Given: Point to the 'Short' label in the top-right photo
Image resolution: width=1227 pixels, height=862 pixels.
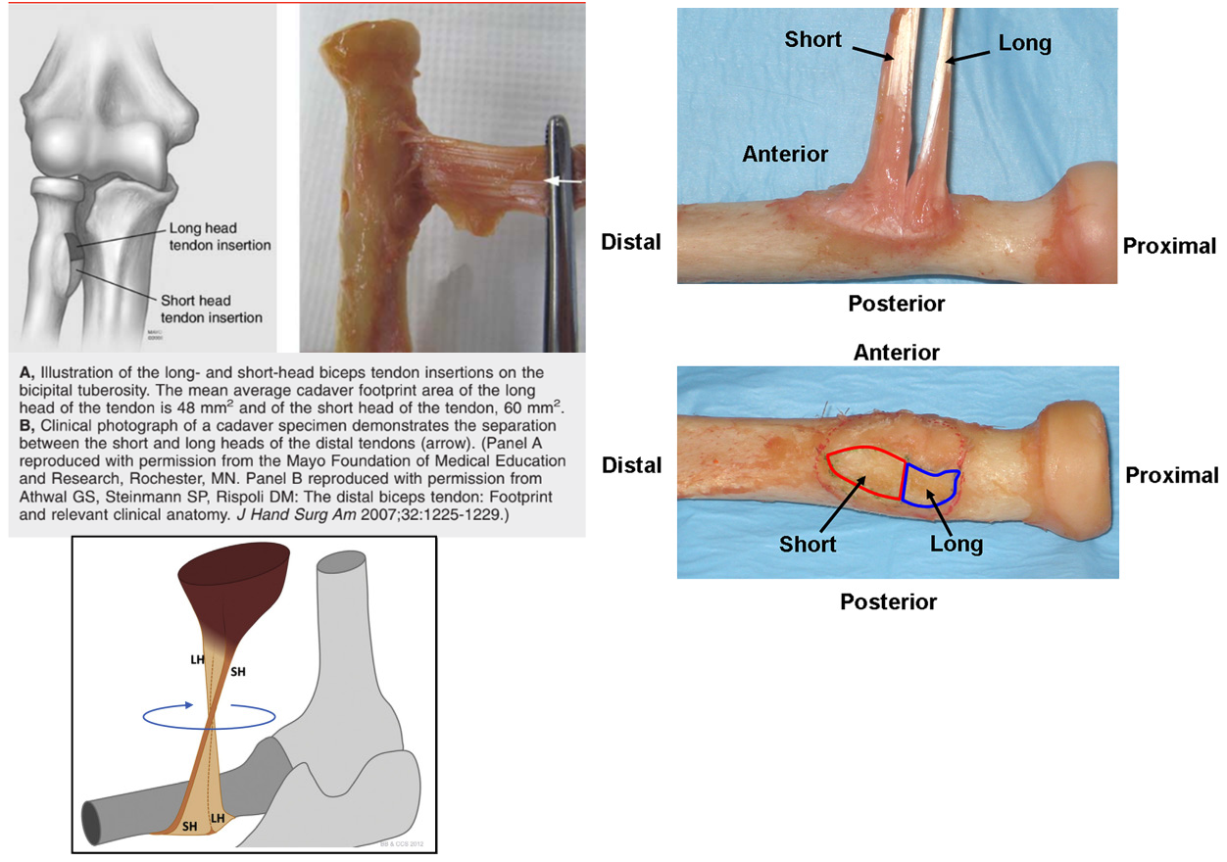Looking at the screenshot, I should [812, 40].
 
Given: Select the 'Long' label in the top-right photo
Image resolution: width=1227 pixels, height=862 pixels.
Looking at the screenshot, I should [1024, 43].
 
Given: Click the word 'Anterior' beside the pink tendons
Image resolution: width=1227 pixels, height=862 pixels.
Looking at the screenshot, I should [785, 154].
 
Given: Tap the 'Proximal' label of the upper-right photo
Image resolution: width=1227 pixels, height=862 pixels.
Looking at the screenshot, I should [1169, 246].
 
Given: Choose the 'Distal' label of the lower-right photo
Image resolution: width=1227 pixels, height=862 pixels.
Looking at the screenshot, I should [632, 465].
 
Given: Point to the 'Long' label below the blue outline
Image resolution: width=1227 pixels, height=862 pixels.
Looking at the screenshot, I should [956, 543].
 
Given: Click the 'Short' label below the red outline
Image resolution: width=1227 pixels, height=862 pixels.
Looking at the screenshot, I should [809, 543].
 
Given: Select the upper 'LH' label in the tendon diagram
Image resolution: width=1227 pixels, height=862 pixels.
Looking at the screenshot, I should [198, 660].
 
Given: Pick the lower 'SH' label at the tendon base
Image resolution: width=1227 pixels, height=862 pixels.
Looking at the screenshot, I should [189, 826].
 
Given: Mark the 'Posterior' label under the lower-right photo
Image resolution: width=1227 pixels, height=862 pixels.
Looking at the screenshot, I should [888, 602].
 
